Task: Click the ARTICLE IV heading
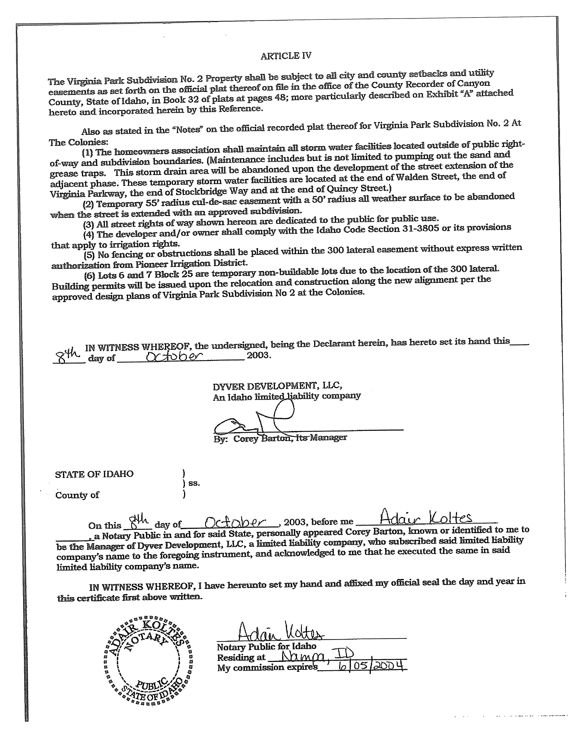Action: [286, 56]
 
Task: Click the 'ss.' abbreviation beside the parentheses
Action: [194, 483]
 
